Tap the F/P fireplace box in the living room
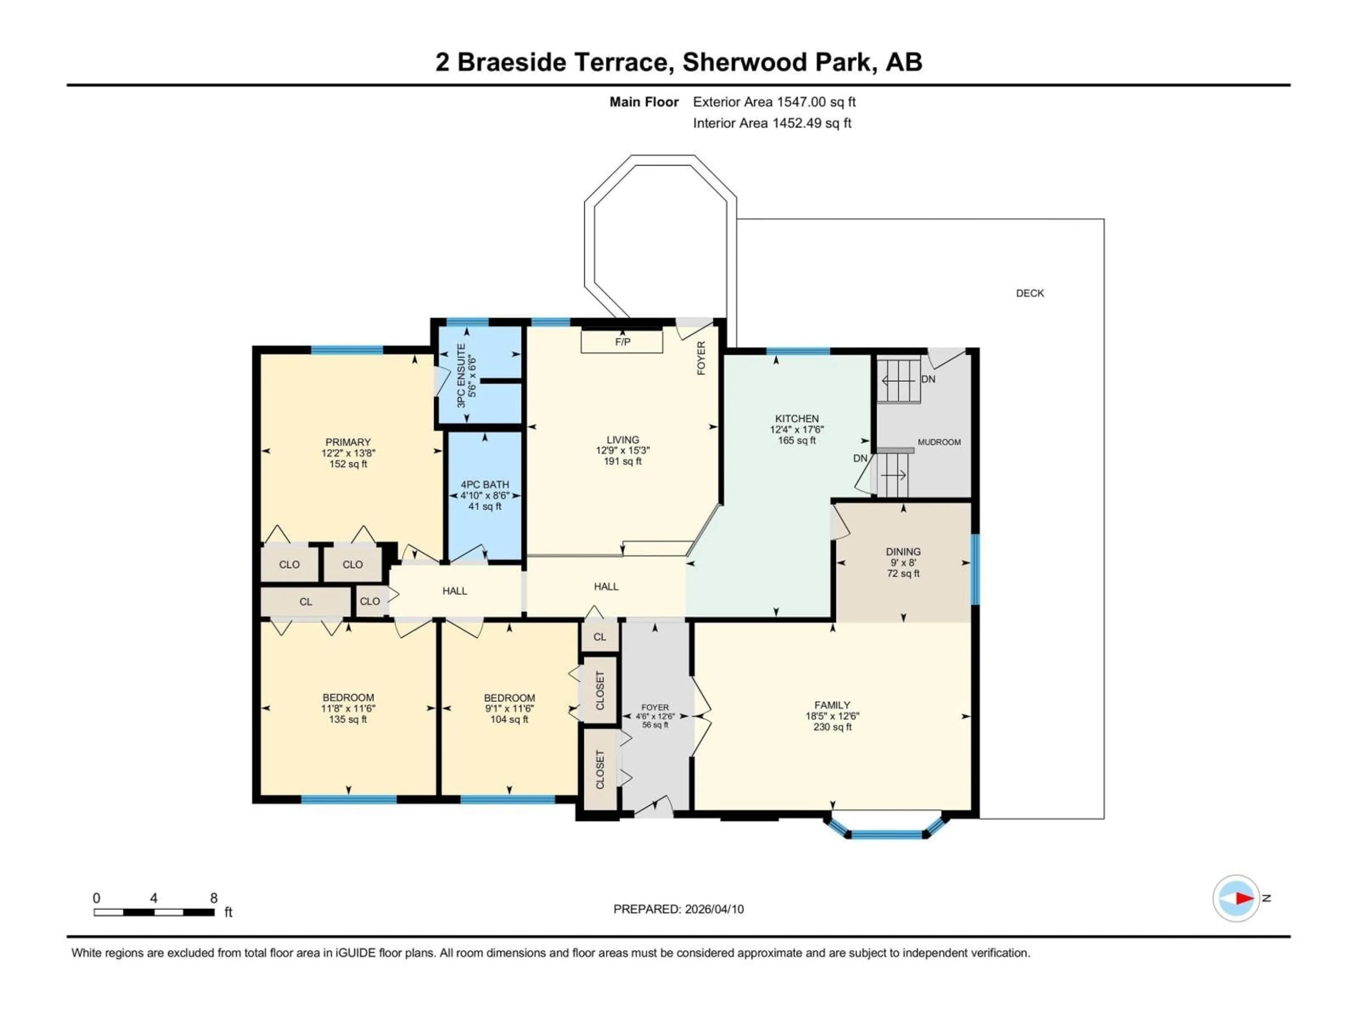click(622, 341)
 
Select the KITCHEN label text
click(796, 418)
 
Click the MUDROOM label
click(939, 442)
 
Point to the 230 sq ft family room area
click(832, 727)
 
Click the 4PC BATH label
click(484, 485)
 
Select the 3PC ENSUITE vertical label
click(462, 375)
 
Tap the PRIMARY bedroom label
click(348, 442)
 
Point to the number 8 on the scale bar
click(214, 898)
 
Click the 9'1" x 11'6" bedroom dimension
click(509, 708)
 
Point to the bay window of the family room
click(885, 834)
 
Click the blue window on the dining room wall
click(975, 569)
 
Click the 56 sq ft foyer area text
click(655, 725)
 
